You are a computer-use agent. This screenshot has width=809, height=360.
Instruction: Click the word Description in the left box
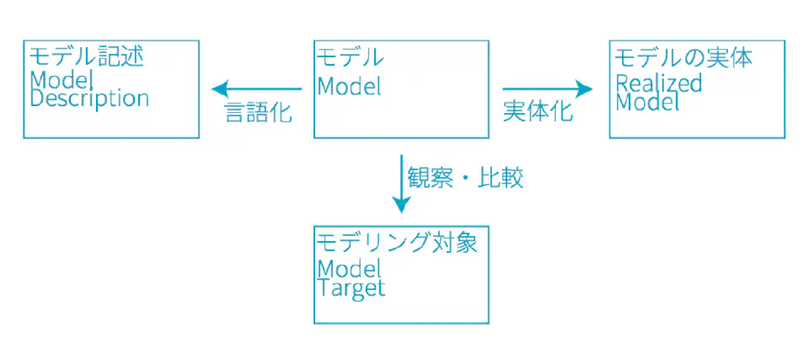pyautogui.click(x=89, y=99)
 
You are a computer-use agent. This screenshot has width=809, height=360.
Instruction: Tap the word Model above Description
pyautogui.click(x=60, y=80)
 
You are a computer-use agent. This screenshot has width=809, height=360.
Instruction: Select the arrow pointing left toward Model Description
pyautogui.click(x=256, y=88)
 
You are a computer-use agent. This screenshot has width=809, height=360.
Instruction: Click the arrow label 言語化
pyautogui.click(x=258, y=112)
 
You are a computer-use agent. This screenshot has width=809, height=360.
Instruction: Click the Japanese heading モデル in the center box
pyautogui.click(x=350, y=57)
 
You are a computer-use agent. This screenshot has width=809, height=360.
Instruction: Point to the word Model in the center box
pyautogui.click(x=349, y=86)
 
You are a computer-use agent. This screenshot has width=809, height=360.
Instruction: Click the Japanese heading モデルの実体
pyautogui.click(x=683, y=57)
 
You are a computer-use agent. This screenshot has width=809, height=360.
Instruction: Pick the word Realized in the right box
pyautogui.click(x=658, y=83)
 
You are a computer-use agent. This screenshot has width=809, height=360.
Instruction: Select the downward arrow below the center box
pyautogui.click(x=401, y=183)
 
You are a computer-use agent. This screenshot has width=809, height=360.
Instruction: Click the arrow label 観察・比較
pyautogui.click(x=465, y=178)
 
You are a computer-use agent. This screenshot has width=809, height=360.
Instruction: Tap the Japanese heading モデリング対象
pyautogui.click(x=397, y=242)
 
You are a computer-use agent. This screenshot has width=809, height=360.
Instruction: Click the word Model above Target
pyautogui.click(x=349, y=269)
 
